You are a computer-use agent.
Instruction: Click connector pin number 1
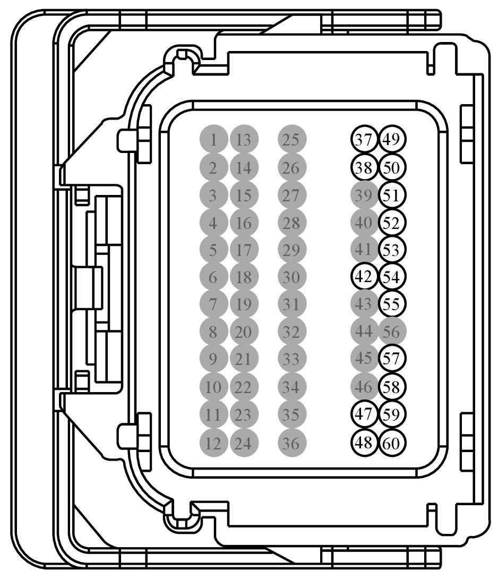point(213,140)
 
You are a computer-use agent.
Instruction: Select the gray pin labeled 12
point(213,443)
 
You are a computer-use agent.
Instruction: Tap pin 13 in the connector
point(244,140)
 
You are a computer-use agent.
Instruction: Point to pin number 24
point(244,443)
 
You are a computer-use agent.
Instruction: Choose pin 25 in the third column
point(291,140)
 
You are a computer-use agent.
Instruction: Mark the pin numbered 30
point(291,277)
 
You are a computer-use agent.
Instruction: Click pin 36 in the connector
point(291,443)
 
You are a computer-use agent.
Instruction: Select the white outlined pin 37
point(364,140)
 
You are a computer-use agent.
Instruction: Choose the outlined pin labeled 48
point(364,443)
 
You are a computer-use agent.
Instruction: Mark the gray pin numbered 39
point(364,195)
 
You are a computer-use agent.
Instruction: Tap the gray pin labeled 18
point(244,277)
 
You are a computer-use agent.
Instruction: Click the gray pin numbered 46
point(364,387)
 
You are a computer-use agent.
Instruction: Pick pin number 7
point(213,305)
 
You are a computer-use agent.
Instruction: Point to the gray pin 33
point(291,360)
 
